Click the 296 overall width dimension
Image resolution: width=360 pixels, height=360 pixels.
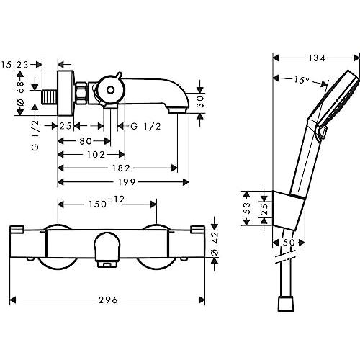(x=108, y=300)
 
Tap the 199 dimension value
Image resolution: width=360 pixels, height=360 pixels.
(x=127, y=182)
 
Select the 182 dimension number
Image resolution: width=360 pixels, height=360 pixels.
(x=121, y=168)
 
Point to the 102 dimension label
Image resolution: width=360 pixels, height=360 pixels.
(x=96, y=155)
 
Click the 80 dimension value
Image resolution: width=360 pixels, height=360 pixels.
(x=86, y=141)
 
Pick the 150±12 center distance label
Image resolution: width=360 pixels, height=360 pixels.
(x=107, y=202)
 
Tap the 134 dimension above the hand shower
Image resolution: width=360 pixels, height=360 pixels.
(x=317, y=58)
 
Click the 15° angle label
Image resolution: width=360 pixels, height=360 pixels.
(x=302, y=80)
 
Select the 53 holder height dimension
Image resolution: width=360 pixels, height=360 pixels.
(x=247, y=208)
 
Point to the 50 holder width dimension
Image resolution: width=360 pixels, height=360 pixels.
(x=289, y=243)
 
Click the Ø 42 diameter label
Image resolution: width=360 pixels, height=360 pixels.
(x=215, y=243)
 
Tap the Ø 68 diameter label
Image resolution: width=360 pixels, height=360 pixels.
(x=21, y=94)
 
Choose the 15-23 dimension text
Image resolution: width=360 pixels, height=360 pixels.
(x=15, y=65)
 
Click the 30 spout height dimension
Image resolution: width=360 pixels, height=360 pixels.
(x=200, y=102)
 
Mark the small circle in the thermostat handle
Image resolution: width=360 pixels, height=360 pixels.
(x=110, y=90)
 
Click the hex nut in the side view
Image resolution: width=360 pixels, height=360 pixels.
(x=81, y=94)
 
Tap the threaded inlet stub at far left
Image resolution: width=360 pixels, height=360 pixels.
(x=50, y=97)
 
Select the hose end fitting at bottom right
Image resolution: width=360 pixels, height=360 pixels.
(x=286, y=305)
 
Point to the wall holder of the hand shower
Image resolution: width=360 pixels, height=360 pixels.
(x=289, y=211)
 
